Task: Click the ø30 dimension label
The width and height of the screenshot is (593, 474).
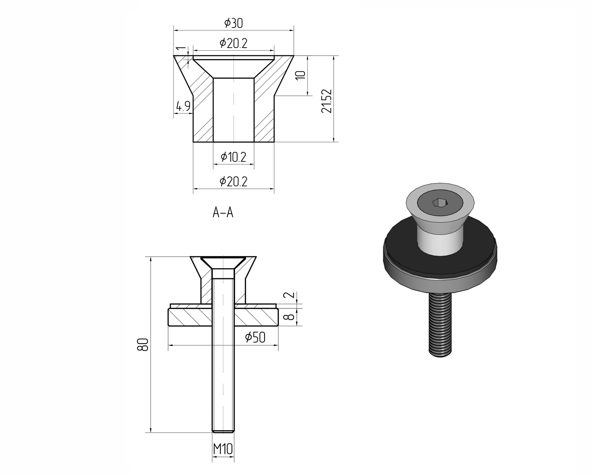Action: [233, 23]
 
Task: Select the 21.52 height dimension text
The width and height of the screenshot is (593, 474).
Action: [327, 101]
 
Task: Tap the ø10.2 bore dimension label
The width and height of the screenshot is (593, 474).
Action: [233, 157]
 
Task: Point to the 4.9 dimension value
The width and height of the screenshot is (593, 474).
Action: [183, 106]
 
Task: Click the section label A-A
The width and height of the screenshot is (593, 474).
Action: [223, 213]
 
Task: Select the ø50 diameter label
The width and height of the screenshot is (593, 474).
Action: [255, 337]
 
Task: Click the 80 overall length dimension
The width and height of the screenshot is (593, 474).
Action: [143, 344]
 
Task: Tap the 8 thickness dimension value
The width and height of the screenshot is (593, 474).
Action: [289, 316]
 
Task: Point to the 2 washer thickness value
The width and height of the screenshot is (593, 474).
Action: [289, 295]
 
